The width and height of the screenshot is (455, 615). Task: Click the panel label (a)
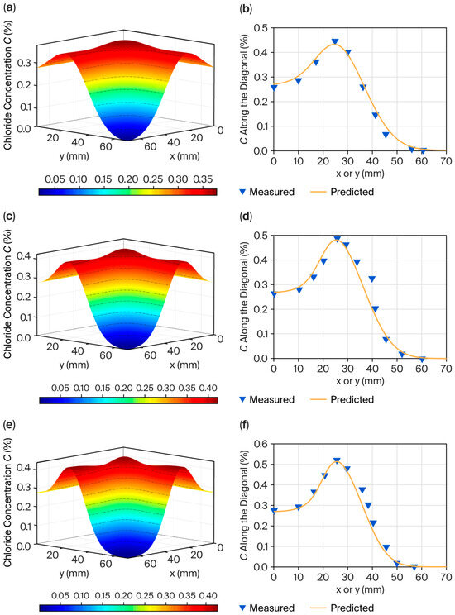coord(8,7)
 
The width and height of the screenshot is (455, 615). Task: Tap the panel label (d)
coord(246,216)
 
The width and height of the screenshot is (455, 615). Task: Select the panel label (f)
coord(244,424)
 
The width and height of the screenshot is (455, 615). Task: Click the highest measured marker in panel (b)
coord(335,41)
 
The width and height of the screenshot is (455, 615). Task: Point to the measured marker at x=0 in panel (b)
coord(274,88)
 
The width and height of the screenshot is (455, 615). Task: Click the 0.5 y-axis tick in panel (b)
coord(261,28)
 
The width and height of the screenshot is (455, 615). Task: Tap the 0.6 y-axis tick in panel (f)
coord(261,444)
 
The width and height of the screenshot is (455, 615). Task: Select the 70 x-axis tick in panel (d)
coord(446,369)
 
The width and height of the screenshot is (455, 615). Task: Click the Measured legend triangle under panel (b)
coord(242,192)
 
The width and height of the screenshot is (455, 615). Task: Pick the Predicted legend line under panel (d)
coord(318,400)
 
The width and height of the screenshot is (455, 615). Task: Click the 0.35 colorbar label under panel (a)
coord(204,179)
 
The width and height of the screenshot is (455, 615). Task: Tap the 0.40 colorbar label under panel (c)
coord(208,388)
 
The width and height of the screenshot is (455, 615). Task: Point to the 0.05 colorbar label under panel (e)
coord(60,596)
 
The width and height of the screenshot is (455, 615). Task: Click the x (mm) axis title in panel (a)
coord(184,156)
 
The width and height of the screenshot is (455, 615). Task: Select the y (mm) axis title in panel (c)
coord(74,365)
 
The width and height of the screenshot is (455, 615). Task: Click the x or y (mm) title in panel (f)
coord(360,589)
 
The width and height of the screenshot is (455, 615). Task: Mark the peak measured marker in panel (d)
coord(337,239)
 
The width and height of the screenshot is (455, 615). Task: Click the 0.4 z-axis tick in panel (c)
coord(23,256)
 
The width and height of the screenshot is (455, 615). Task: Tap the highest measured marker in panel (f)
coord(337,461)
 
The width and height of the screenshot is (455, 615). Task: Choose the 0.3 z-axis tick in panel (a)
coord(23,63)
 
